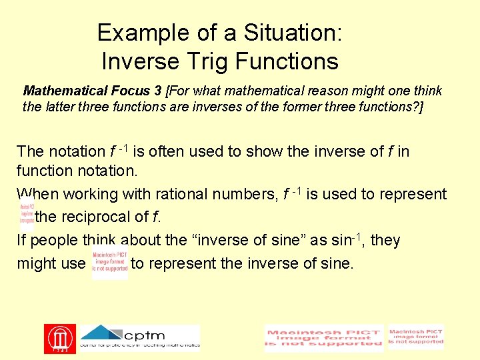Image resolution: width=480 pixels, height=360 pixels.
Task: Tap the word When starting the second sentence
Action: coord(37,195)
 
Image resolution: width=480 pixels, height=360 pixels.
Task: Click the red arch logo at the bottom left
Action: coord(60,339)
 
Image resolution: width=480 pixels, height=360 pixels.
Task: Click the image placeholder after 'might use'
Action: coord(110,263)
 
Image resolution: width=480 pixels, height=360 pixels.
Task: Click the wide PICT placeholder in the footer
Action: coord(324,339)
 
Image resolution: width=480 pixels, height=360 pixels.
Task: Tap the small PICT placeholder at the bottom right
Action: coord(416,337)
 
